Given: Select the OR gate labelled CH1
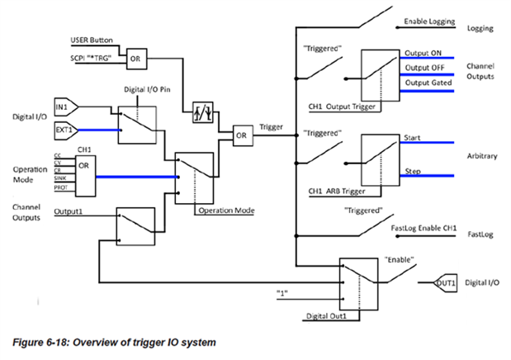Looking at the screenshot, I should coord(83,164).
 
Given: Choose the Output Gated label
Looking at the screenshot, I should coord(424,83).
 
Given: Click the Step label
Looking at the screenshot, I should coord(412,168).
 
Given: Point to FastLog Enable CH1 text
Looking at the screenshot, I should coord(420,229).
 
